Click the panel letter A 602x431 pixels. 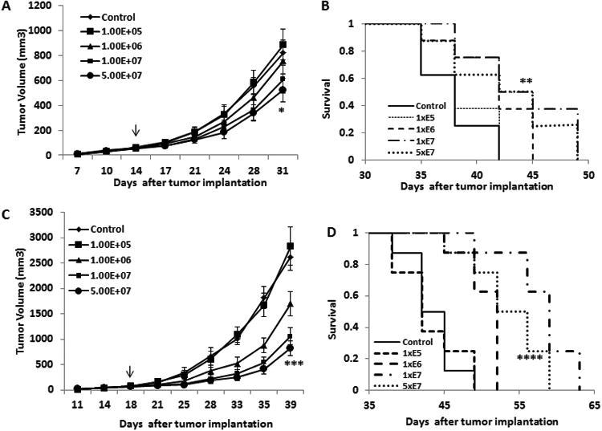coord(7,7)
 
